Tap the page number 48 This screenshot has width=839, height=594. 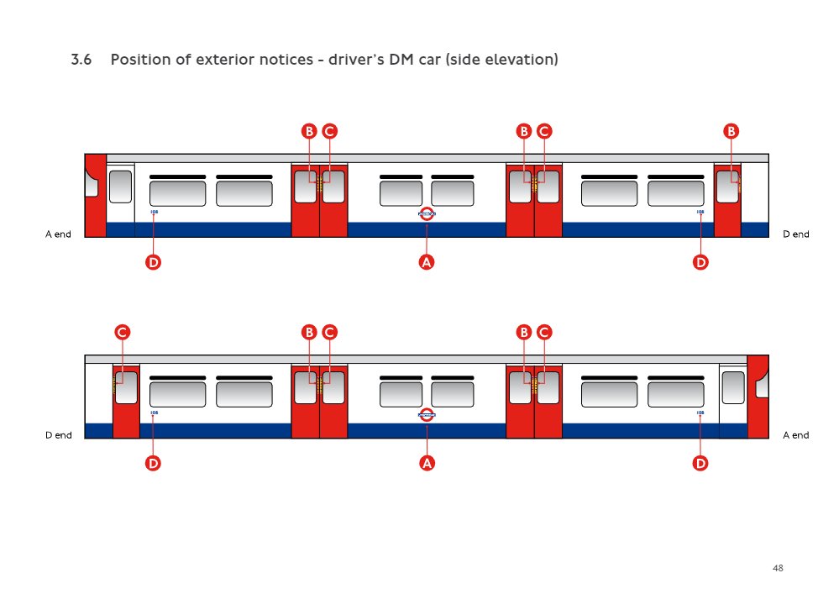(778, 569)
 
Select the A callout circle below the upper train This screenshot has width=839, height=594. (427, 262)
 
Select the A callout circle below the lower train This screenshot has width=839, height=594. (427, 463)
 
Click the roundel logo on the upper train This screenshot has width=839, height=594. (427, 213)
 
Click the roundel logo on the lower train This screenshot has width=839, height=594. (427, 413)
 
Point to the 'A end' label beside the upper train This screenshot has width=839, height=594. (58, 234)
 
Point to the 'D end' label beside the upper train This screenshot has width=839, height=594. (795, 234)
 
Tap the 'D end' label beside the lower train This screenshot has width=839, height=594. (58, 435)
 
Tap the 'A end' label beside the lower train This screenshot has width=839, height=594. (795, 435)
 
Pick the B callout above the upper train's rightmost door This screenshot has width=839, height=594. (731, 131)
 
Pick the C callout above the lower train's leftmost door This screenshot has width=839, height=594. (122, 332)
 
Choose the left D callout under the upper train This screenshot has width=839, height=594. (153, 262)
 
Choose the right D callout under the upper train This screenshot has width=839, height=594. (700, 262)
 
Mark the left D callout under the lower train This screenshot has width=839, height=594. (153, 463)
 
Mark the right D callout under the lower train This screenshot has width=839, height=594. (700, 463)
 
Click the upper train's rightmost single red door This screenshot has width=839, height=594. (727, 214)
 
